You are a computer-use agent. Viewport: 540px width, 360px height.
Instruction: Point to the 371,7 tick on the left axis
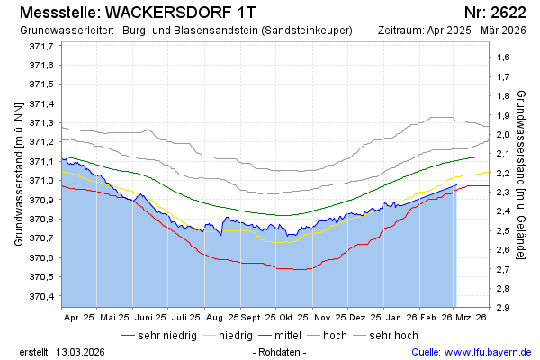pyautogui.click(x=40, y=46)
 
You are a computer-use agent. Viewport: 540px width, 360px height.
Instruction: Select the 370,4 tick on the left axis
pyautogui.click(x=40, y=296)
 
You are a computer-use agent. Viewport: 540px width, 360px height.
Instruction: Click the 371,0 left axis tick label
pyautogui.click(x=40, y=181)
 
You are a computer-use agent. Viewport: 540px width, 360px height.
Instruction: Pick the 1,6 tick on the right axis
pyautogui.click(x=500, y=58)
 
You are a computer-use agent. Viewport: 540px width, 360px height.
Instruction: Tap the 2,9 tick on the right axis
pyautogui.click(x=500, y=307)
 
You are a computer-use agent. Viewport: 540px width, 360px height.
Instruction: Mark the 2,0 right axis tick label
pyautogui.click(x=500, y=134)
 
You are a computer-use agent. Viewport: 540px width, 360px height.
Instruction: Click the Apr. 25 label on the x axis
pyautogui.click(x=78, y=317)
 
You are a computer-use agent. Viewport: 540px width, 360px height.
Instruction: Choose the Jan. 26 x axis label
pyautogui.click(x=400, y=317)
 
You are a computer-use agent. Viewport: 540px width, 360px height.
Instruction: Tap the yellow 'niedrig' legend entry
pyautogui.click(x=234, y=335)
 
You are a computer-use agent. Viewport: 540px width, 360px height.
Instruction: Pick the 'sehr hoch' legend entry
pyautogui.click(x=393, y=335)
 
